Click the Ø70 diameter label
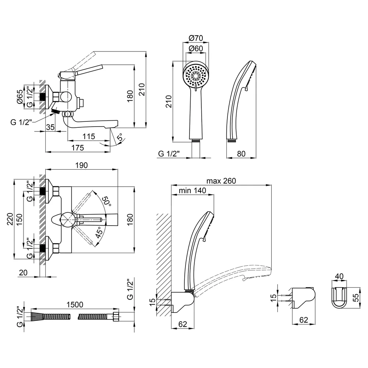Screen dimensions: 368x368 pyautogui.click(x=196, y=38)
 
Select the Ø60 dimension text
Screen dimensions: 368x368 pyautogui.click(x=196, y=48)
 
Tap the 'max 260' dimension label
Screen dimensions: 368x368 pyautogui.click(x=221, y=181)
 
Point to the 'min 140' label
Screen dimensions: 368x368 pyautogui.click(x=192, y=190)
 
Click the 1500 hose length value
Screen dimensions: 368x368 pyautogui.click(x=75, y=305)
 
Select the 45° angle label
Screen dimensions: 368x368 pyautogui.click(x=99, y=233)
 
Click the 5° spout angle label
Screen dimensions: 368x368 pyautogui.click(x=120, y=137)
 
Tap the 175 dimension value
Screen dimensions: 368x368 pyautogui.click(x=77, y=148)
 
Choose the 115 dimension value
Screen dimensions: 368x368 pyautogui.click(x=89, y=137)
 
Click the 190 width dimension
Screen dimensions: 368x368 pyautogui.click(x=81, y=165)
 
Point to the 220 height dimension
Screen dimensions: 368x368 pyautogui.click(x=10, y=219)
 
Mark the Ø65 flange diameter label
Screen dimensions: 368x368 pyautogui.click(x=20, y=96)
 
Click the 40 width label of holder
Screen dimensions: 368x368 pyautogui.click(x=339, y=276)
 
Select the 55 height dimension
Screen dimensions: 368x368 pyautogui.click(x=356, y=298)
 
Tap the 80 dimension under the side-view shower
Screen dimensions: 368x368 pyautogui.click(x=241, y=154)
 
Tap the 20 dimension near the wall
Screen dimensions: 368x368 pyautogui.click(x=23, y=272)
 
